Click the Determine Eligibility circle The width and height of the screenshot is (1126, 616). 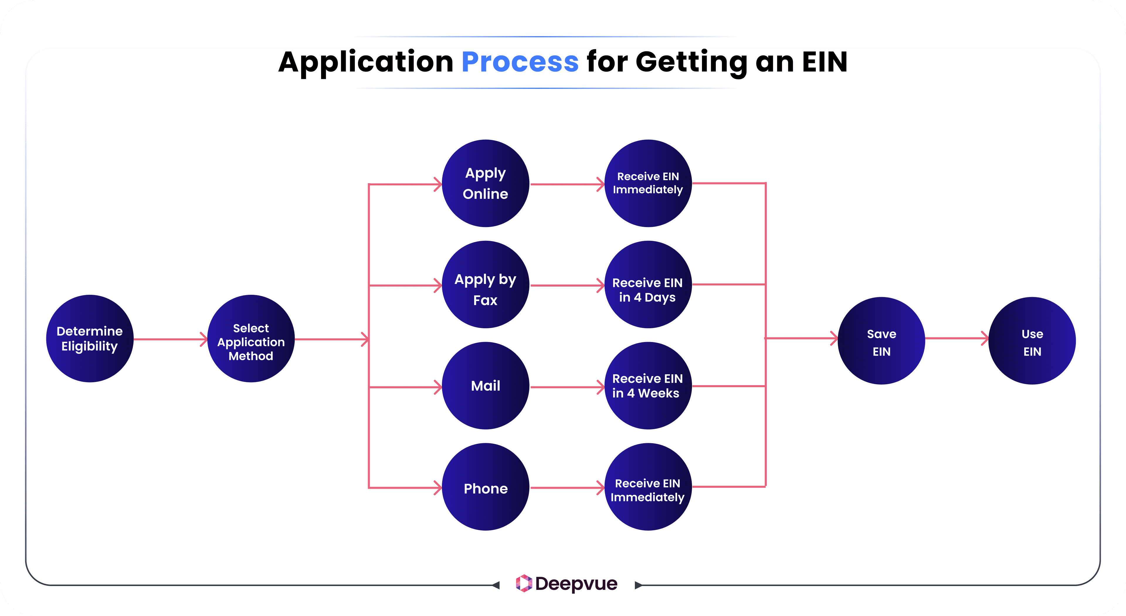90,339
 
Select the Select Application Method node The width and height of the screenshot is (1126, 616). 251,339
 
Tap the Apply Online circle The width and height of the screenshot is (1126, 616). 485,183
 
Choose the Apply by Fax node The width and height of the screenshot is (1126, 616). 485,285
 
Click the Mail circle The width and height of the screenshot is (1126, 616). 485,386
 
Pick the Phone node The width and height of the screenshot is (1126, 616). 485,487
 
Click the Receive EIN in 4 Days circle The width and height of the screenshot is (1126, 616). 648,285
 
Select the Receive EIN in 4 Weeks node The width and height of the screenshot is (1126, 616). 648,386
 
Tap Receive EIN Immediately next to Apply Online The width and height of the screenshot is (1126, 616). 648,183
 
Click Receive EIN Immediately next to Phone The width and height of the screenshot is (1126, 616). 648,487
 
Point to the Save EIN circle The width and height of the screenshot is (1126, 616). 881,341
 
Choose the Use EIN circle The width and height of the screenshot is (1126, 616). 1032,341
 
